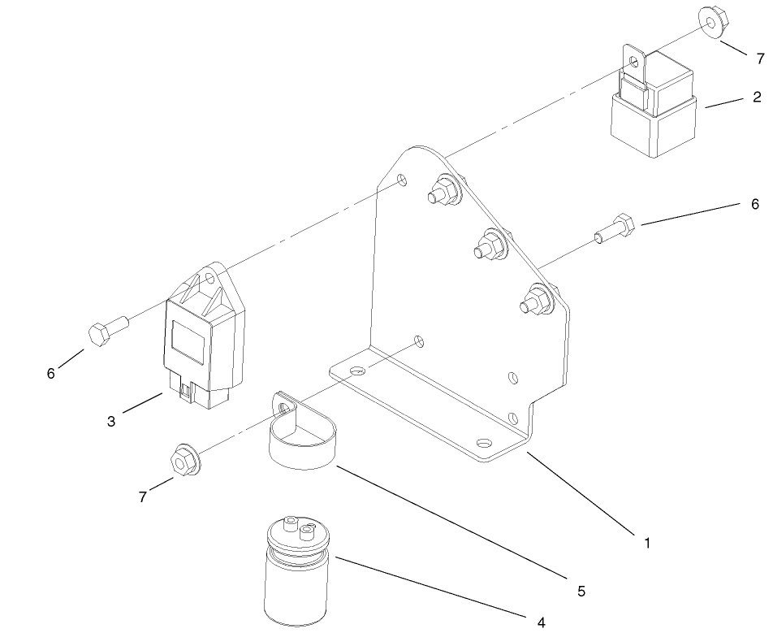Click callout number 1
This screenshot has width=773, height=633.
[647, 543]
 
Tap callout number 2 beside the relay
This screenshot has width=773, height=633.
[757, 97]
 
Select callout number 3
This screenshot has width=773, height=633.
[111, 422]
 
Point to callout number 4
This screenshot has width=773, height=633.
[542, 622]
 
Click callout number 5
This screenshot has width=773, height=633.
[581, 591]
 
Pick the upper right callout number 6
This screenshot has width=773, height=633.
[755, 204]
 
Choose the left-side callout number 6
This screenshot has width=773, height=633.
[51, 374]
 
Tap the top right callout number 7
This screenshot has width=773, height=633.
[760, 59]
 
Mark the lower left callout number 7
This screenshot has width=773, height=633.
[142, 496]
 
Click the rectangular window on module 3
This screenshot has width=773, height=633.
[188, 341]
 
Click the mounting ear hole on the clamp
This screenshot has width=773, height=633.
[283, 409]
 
